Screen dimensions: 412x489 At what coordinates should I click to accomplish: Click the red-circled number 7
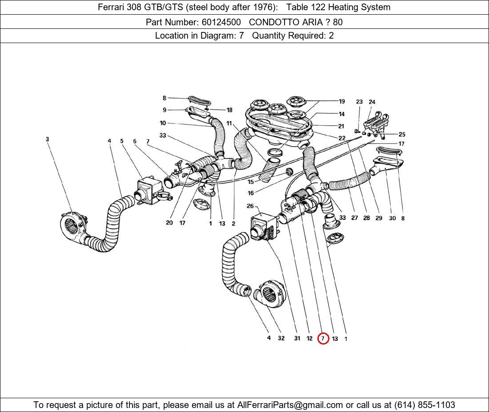pos(323,338)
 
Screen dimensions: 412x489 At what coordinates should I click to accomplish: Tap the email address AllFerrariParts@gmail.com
pos(290,405)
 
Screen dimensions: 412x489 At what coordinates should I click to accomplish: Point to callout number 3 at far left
pos(47,139)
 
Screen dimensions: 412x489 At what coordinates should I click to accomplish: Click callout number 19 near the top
pos(341,101)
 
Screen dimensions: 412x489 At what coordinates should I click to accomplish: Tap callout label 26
pos(250,206)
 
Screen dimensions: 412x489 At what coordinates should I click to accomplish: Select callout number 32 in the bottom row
pos(281,338)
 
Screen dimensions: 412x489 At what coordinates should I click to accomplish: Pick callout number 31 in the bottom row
pos(297,338)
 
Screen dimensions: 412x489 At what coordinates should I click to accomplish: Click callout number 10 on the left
pos(163,123)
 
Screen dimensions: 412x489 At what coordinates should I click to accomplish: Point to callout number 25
pos(402,134)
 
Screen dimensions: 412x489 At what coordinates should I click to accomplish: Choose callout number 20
pos(169,223)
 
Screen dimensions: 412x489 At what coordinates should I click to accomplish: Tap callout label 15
pos(251,182)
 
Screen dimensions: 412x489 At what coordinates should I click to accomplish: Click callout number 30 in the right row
pos(392,218)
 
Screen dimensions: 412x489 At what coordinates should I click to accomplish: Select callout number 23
pos(359,102)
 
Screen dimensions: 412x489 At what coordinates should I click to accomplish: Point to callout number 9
pos(164,110)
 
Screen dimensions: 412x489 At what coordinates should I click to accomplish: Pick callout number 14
pos(341,114)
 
